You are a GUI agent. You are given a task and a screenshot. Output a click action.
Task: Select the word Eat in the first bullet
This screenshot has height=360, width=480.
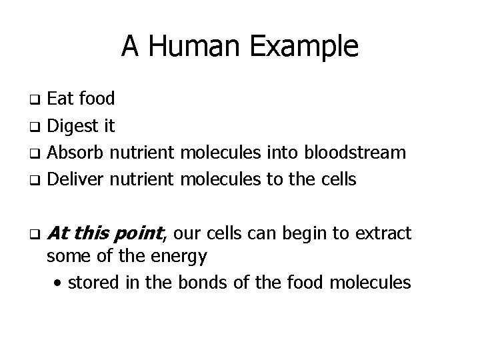click(x=62, y=99)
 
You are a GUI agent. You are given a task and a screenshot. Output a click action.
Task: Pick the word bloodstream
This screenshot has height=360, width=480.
click(x=355, y=153)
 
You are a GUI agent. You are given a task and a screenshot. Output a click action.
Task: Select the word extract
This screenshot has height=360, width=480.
click(x=383, y=233)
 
